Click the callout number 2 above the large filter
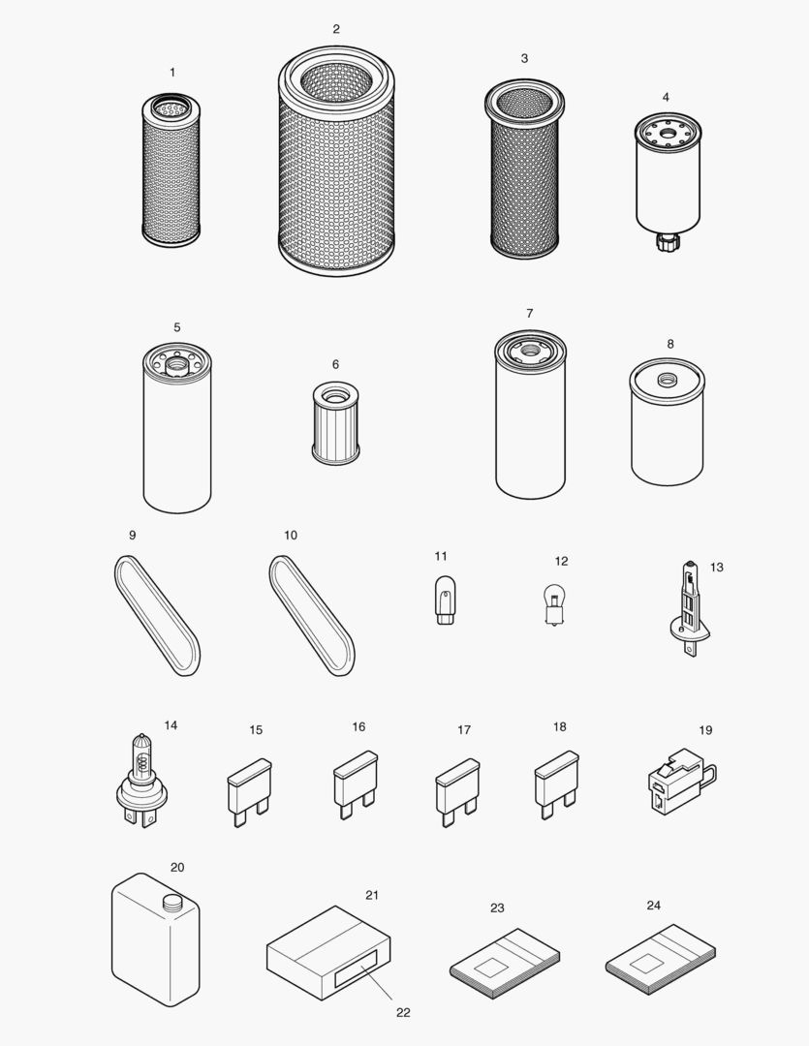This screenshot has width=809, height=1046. (336, 29)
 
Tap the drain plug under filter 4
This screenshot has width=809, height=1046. (666, 240)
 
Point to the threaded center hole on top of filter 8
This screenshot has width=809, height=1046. (667, 378)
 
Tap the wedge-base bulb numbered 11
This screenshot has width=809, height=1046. (444, 599)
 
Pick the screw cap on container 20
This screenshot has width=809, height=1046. (171, 901)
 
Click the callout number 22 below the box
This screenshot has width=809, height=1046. (403, 1012)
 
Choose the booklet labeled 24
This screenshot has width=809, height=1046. (661, 954)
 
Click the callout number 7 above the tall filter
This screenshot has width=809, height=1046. (530, 313)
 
